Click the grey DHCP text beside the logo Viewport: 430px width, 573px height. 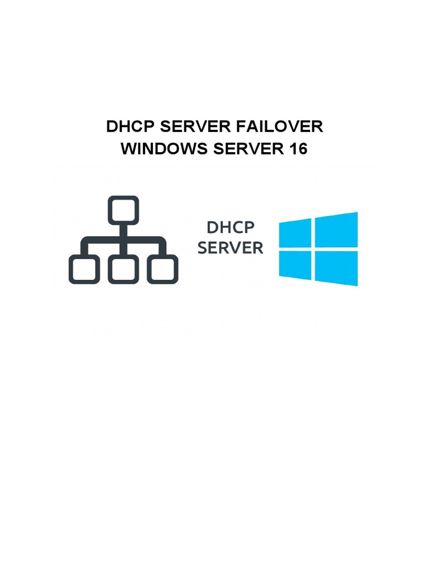pos(231,228)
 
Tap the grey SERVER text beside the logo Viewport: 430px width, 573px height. pos(231,248)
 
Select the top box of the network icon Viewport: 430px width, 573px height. pos(123,210)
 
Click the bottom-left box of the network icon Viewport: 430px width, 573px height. pos(84,269)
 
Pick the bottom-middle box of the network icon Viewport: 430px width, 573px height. pos(123,269)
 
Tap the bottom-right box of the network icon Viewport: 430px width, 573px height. pos(162,269)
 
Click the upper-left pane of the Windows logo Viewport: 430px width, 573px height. pos(295,234)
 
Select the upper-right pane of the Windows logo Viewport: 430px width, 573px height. pos(336,229)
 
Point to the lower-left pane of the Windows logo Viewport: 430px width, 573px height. pos(295,264)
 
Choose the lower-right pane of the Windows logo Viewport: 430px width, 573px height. pos(336,267)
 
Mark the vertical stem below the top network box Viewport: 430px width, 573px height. pos(123,231)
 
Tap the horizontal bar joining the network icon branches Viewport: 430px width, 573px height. pos(123,241)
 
